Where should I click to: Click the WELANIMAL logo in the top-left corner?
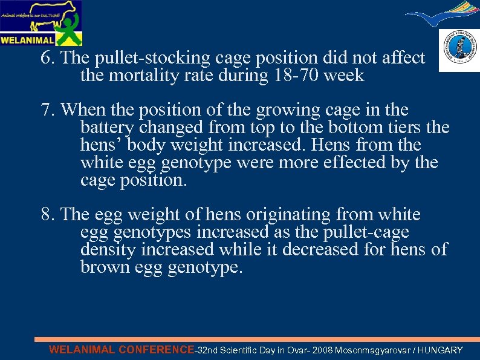tap(41, 23)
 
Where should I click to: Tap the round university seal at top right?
tap(459, 50)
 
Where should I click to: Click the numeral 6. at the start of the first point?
tap(48, 58)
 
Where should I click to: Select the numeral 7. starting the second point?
tap(48, 111)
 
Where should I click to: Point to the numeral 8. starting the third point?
tap(48, 215)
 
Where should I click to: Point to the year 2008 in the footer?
tap(321, 350)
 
